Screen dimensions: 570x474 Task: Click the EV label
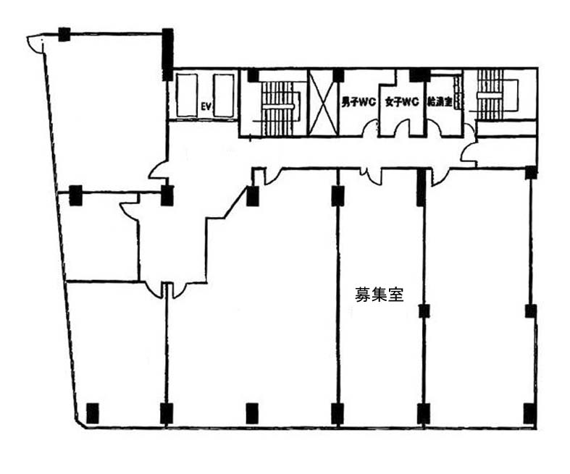tap(206, 106)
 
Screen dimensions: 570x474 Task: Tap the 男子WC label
tap(358, 103)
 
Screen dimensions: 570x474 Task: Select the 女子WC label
tap(402, 103)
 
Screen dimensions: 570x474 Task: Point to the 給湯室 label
tap(440, 102)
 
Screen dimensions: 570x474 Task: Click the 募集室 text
tap(379, 295)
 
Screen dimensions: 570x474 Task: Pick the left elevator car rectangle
tap(187, 96)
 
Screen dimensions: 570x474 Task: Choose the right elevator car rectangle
tap(224, 96)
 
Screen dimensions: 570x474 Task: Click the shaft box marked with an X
tap(323, 103)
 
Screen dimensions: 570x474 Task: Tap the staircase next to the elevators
tap(278, 109)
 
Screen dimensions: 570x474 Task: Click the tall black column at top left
tap(167, 54)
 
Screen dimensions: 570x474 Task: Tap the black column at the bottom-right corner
tap(530, 413)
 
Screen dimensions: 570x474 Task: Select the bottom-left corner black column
tap(93, 413)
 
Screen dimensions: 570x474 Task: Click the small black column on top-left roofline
tap(64, 35)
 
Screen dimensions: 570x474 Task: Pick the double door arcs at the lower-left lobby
tap(166, 292)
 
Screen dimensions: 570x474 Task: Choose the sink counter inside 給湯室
tap(458, 92)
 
